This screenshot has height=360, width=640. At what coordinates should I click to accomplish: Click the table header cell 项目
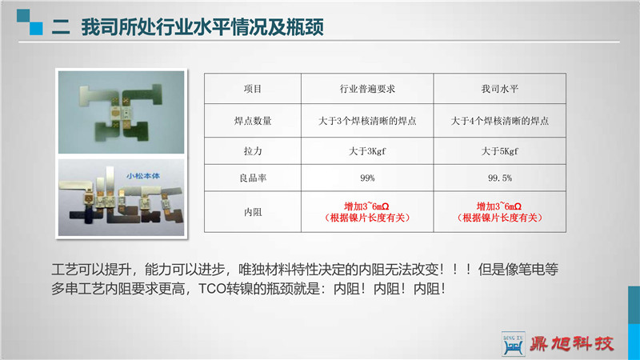253,89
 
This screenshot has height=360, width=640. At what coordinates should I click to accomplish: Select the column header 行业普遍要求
367,89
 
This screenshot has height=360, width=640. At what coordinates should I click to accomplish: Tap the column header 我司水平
499,89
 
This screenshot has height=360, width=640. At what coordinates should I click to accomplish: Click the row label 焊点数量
253,121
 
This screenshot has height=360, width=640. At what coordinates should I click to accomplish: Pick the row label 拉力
253,151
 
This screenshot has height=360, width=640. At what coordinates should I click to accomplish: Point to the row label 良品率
253,178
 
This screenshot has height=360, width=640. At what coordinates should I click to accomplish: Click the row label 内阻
253,212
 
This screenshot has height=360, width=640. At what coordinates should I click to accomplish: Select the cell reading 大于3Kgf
367,151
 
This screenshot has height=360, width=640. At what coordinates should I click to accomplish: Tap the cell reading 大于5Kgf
499,151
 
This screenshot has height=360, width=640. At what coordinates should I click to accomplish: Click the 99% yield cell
367,178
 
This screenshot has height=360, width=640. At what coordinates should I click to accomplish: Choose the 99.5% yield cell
499,178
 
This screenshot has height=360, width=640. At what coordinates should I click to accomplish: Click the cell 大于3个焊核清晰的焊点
367,121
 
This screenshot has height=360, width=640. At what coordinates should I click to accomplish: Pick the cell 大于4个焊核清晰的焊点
499,121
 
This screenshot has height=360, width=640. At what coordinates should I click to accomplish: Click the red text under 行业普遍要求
367,212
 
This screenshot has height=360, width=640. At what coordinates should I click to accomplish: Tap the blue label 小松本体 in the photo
143,176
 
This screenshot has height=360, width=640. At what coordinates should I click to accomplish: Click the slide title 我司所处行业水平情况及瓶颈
202,27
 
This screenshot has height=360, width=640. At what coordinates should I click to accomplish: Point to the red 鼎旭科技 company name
571,344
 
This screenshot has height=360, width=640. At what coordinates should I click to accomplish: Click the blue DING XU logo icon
513,344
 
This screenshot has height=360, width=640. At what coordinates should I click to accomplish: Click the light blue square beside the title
36,29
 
